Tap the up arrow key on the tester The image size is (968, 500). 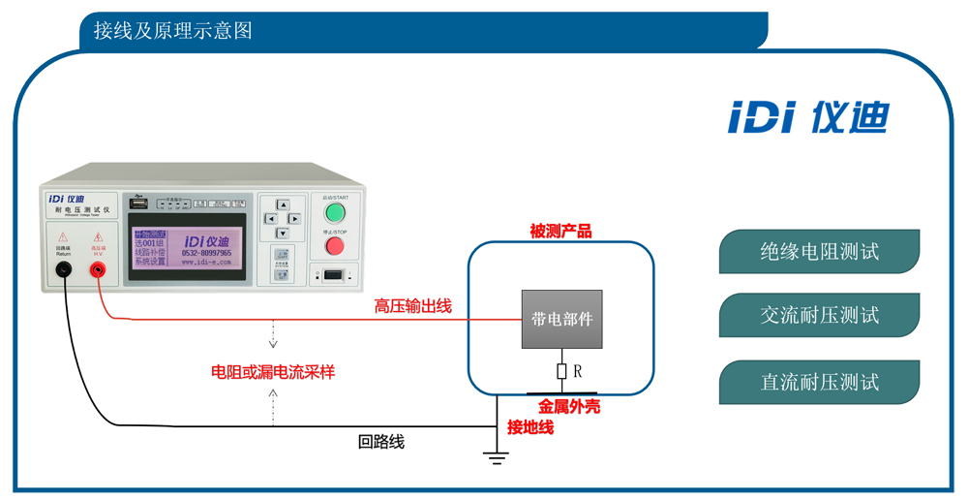[283, 205]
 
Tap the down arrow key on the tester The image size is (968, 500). [283, 234]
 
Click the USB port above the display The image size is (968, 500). [139, 204]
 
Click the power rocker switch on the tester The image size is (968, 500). [333, 275]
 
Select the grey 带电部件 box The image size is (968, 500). [561, 319]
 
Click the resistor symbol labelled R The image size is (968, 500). [561, 371]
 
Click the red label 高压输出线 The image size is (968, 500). [413, 307]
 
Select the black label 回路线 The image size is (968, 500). [381, 442]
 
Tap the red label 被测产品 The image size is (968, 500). [560, 232]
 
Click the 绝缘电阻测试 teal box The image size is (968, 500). [819, 252]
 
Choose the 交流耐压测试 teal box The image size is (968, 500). [819, 316]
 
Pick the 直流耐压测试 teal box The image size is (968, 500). [819, 382]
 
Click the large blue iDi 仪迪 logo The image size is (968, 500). [807, 118]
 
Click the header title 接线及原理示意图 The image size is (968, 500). [173, 31]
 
